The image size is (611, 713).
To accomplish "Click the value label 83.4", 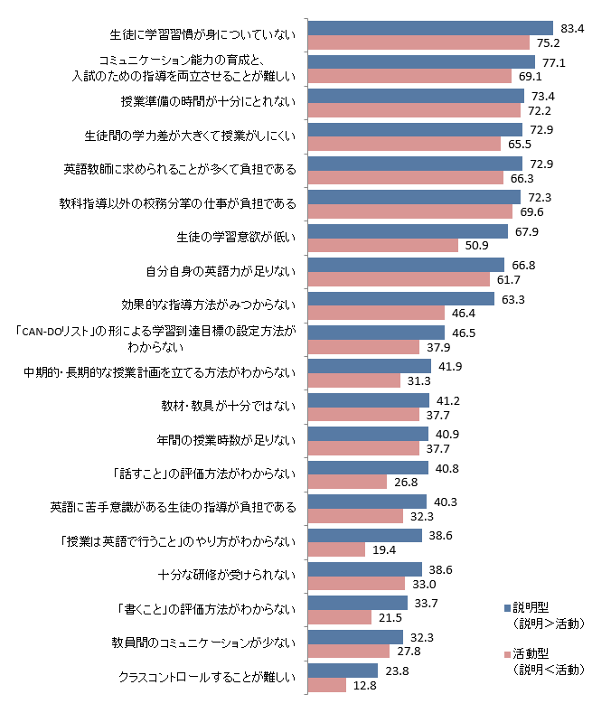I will (x=574, y=28).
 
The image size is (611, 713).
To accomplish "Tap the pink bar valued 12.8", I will (x=327, y=685).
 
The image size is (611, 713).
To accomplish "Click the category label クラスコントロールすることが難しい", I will (x=208, y=677).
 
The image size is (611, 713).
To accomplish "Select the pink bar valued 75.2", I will (x=418, y=42).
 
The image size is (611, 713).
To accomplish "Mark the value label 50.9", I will (x=475, y=245).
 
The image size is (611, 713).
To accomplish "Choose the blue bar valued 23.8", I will (x=343, y=671).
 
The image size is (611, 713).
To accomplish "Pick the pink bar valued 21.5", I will (x=340, y=617).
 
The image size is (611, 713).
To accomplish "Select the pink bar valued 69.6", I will (x=410, y=211).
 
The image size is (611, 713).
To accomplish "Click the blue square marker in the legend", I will (x=505, y=608).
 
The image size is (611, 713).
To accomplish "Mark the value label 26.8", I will (x=404, y=482).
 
